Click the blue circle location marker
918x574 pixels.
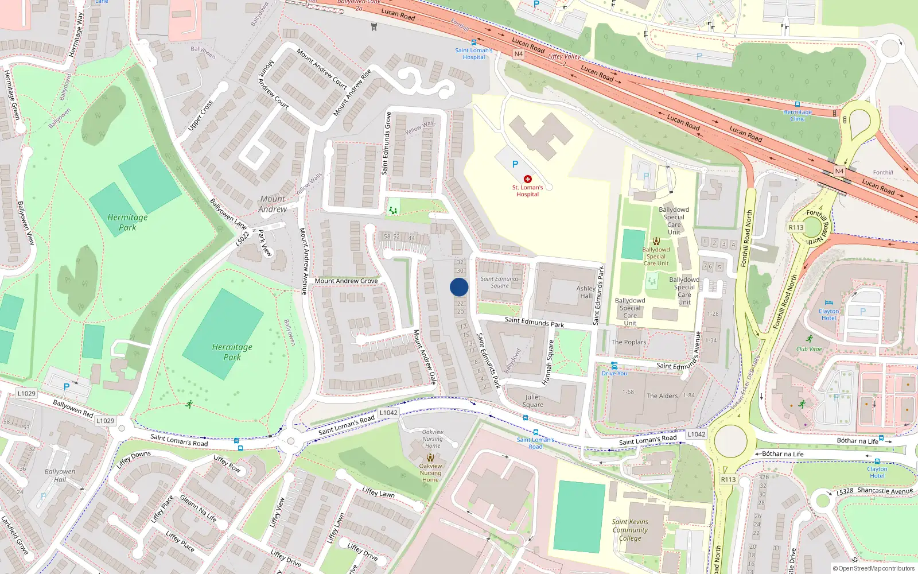tap(459, 287)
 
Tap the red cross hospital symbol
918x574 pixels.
tap(528, 179)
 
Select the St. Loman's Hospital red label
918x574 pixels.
tap(527, 191)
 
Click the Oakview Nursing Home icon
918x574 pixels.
tap(430, 457)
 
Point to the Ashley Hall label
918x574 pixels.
tap(586, 292)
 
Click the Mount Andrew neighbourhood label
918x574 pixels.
tap(273, 204)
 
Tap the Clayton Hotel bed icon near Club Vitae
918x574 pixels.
tap(828, 303)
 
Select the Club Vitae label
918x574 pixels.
tap(809, 349)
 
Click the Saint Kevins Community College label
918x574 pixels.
tap(630, 530)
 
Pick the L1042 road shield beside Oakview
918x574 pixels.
tap(388, 413)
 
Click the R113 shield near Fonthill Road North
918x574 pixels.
tap(796, 227)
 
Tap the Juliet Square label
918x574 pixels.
tap(533, 401)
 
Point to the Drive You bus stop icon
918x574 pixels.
tap(614, 366)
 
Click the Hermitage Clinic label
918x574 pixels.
tap(798, 115)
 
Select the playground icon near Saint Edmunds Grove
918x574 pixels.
tap(393, 211)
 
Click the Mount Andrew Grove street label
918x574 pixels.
tap(346, 281)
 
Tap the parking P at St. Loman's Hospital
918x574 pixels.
tap(515, 164)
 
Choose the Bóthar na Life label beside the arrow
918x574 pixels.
tap(783, 454)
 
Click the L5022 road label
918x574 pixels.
tap(243, 238)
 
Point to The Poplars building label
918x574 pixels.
tap(629, 342)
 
